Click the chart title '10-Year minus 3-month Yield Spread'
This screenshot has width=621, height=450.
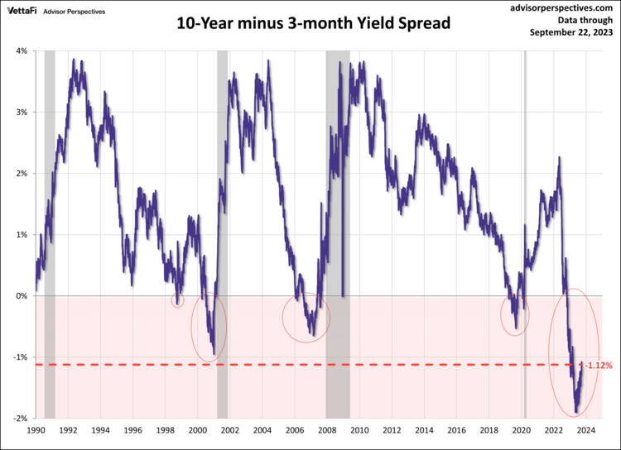click(x=313, y=23)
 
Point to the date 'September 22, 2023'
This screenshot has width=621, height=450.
click(x=571, y=33)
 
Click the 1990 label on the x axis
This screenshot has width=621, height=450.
click(x=36, y=431)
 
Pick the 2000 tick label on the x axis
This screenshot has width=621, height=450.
click(x=198, y=431)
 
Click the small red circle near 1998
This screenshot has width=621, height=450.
click(x=177, y=300)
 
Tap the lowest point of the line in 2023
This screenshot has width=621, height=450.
click(x=576, y=412)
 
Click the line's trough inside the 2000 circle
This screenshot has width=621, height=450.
click(x=214, y=354)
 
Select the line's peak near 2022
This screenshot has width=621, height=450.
click(x=560, y=157)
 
